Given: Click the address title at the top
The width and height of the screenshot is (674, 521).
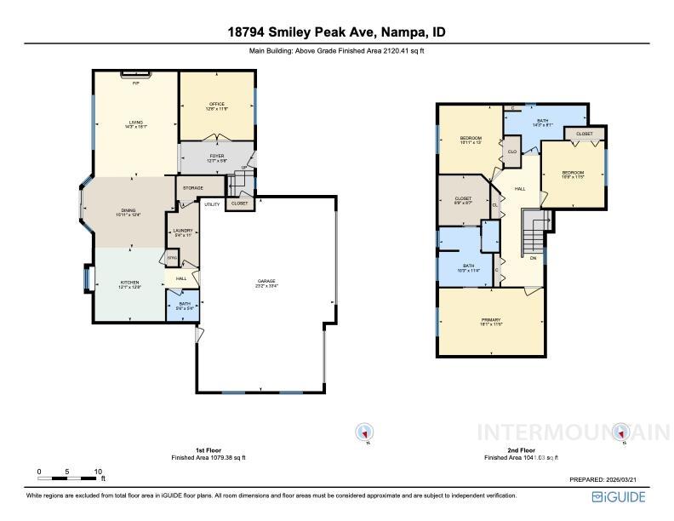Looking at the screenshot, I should click(336, 32).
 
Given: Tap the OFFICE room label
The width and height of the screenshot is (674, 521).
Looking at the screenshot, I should click(217, 105).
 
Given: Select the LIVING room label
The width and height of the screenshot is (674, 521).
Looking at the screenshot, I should click(135, 123).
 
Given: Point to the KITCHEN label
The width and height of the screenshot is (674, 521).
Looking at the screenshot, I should click(129, 283).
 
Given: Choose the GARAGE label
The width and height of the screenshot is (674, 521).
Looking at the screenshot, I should click(267, 282).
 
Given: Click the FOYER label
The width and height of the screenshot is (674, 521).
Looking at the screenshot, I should click(215, 156).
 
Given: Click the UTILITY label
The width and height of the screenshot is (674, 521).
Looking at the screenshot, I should click(212, 204).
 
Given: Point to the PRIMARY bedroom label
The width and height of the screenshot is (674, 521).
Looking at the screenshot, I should click(491, 321).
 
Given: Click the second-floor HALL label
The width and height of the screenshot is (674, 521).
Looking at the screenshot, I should click(519, 189).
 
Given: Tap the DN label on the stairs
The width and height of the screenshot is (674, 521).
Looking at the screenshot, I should click(533, 257).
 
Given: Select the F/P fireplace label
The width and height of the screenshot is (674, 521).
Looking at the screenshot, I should click(135, 83).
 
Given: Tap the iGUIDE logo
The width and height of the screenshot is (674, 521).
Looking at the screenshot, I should click(620, 496).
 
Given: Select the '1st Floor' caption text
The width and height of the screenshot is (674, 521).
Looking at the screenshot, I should click(208, 449).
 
